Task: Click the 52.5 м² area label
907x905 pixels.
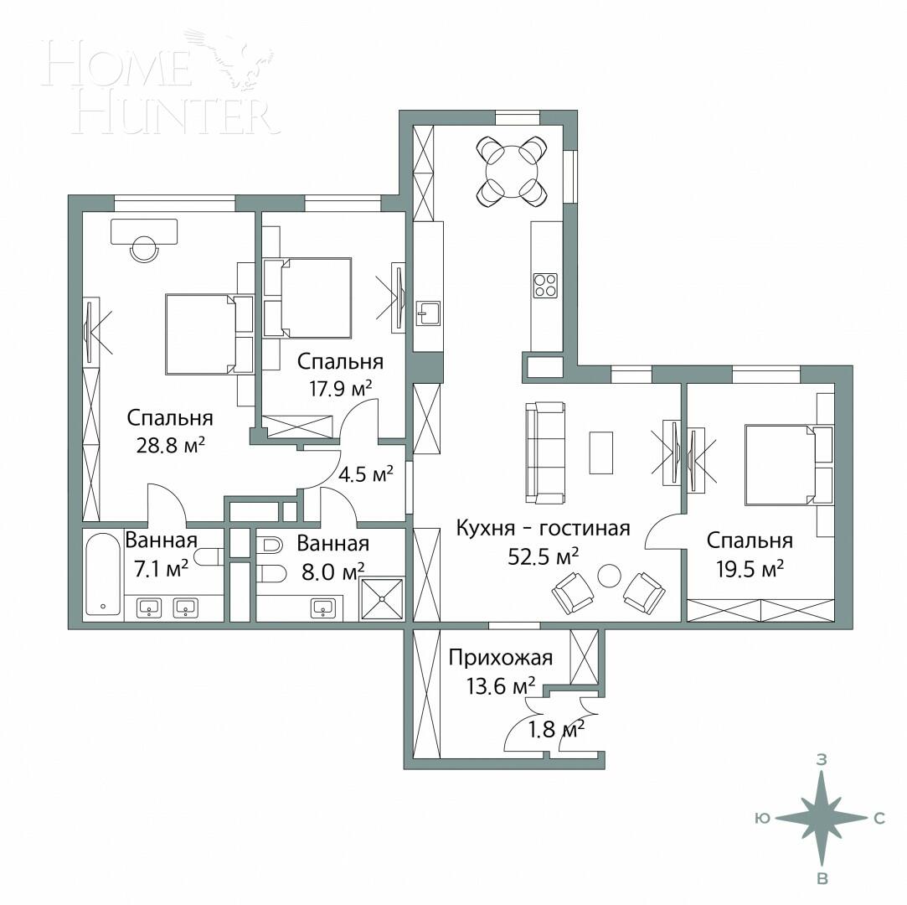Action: (545, 556)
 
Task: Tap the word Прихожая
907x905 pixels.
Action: (501, 658)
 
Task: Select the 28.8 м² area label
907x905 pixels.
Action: (171, 444)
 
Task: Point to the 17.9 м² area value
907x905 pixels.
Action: (341, 387)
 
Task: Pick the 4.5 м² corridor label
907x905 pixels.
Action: (365, 474)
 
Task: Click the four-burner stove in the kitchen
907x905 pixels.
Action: (546, 286)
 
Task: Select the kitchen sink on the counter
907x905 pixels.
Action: (428, 313)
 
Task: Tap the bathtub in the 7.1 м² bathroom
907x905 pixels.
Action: (104, 575)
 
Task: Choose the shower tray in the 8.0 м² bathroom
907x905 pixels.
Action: (382, 598)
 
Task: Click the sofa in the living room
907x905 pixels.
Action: (544, 452)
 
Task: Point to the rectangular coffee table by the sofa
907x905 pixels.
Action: (600, 452)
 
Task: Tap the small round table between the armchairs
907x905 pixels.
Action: (609, 576)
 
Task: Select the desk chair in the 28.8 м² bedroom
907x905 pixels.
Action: (145, 249)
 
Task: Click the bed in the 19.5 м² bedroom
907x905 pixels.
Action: (779, 465)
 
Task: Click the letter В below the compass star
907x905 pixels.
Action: (822, 878)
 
